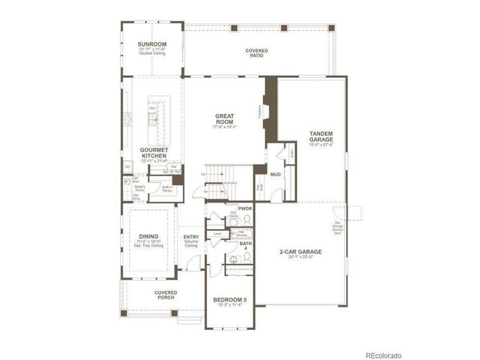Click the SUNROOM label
coord(152,44)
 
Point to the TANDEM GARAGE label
coord(321,136)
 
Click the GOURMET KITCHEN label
coord(153,153)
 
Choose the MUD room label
coord(275,174)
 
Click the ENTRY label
coord(191,238)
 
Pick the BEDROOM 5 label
coord(229,299)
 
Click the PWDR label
coord(244,208)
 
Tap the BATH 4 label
coord(245,246)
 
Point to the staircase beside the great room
coord(217,181)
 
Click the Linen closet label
coord(217,233)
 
